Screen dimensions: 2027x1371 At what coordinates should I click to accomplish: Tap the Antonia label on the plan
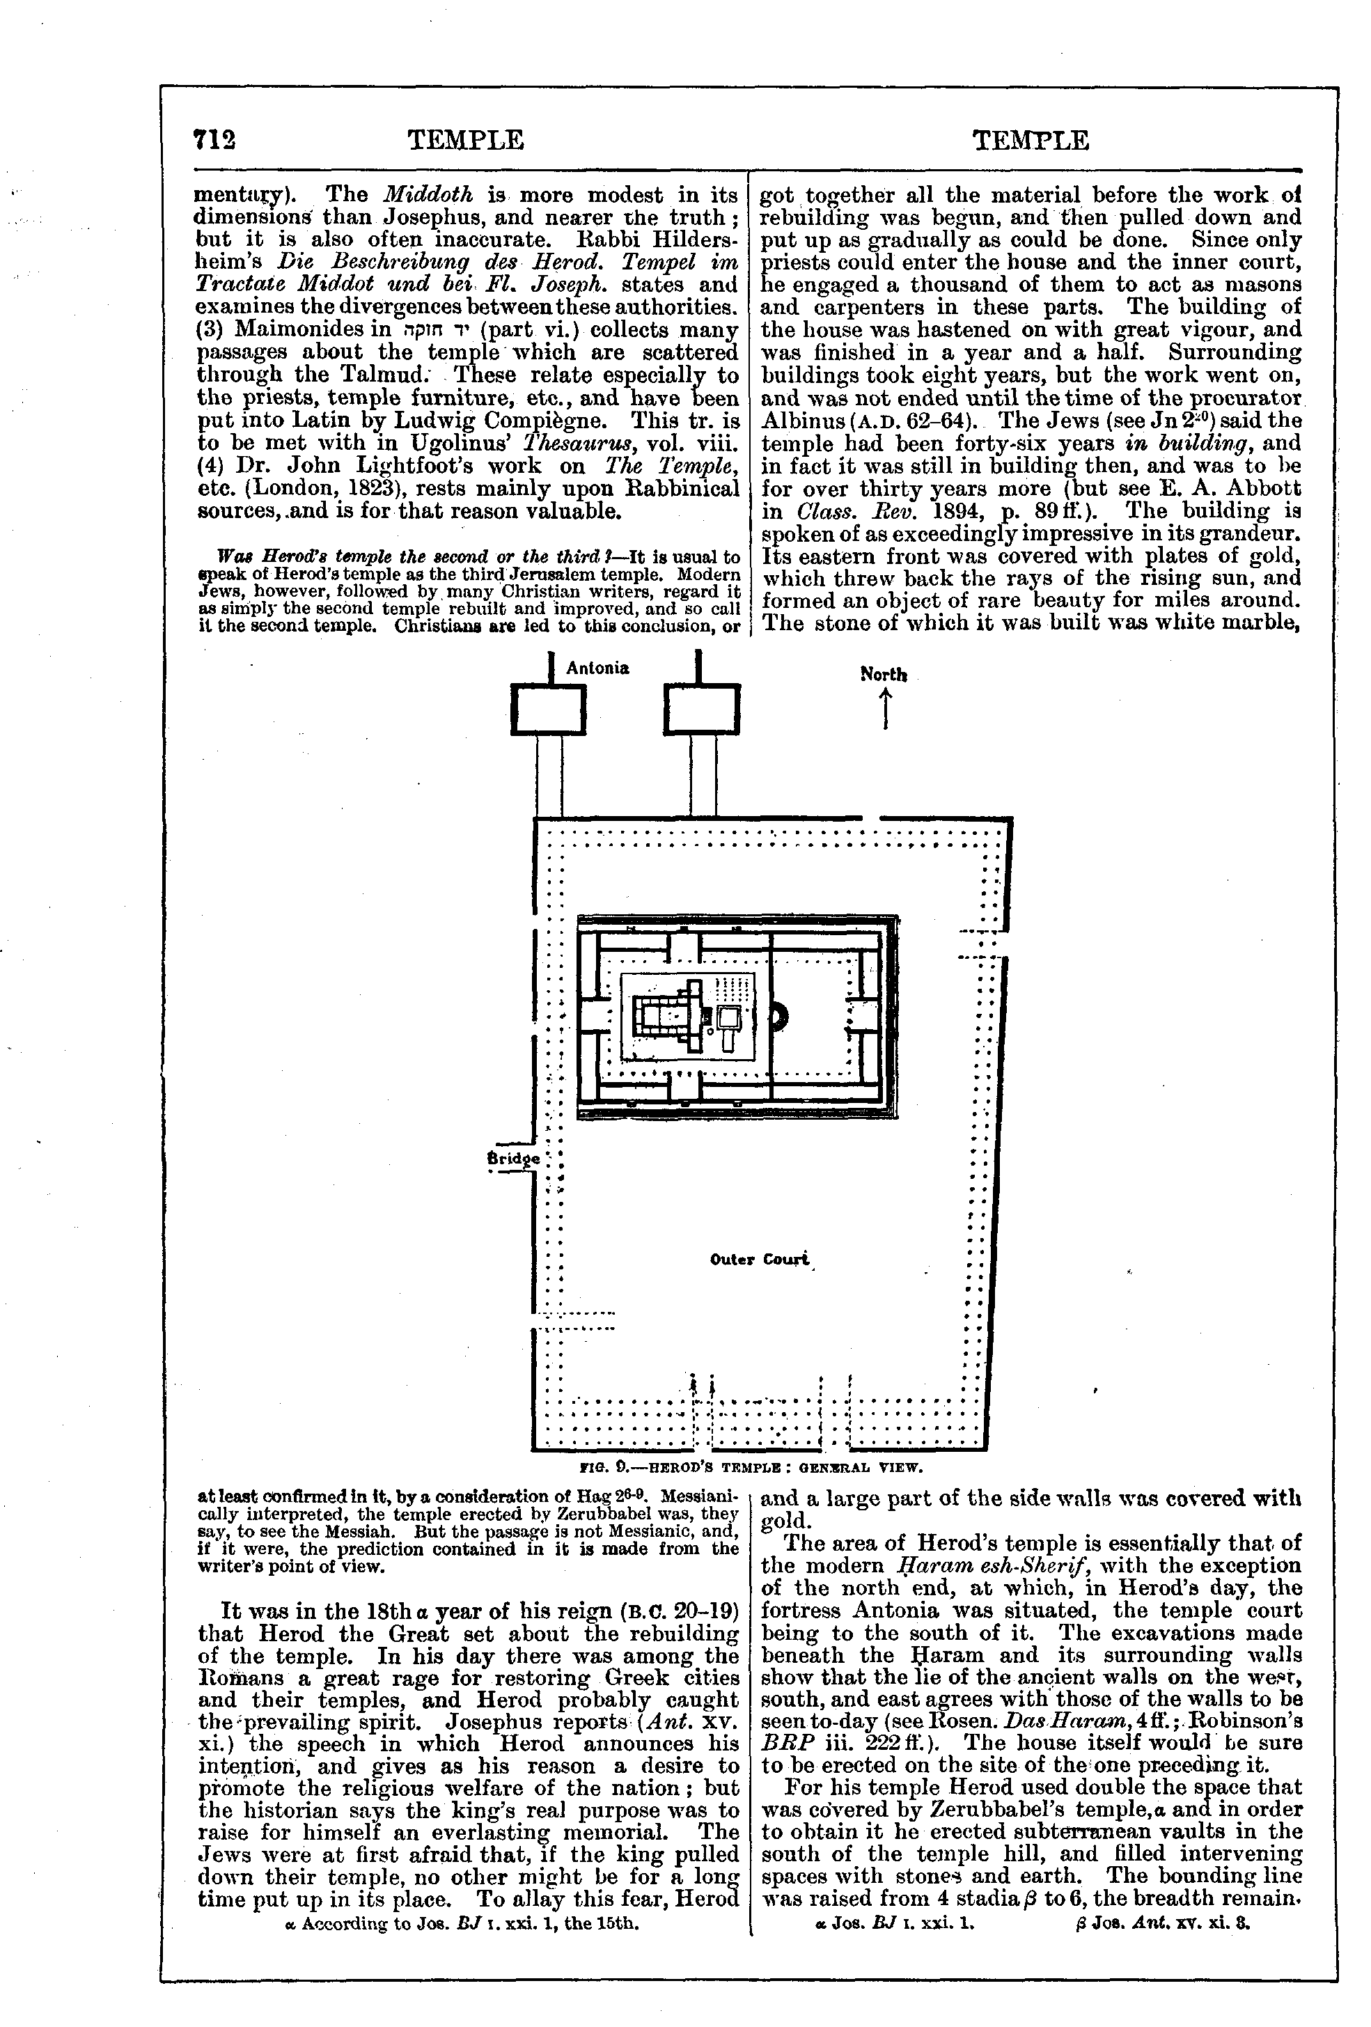coord(597,668)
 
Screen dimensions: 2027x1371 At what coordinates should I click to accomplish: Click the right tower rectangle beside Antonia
coord(701,709)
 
